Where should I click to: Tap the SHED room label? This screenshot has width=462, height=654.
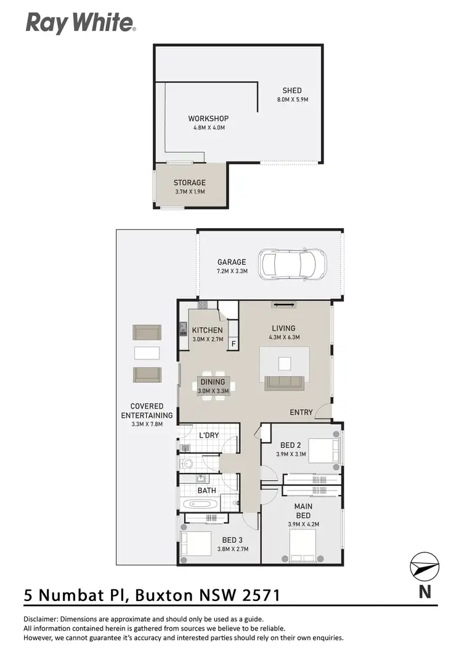(x=292, y=91)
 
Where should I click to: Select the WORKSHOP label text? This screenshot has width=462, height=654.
(x=208, y=118)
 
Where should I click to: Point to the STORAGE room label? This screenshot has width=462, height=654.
(x=189, y=182)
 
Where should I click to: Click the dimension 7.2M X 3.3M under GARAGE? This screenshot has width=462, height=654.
(x=232, y=271)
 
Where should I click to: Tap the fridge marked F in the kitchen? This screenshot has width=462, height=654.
(x=233, y=343)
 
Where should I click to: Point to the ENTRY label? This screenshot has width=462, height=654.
(x=301, y=412)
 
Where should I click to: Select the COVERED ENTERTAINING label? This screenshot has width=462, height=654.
(x=147, y=411)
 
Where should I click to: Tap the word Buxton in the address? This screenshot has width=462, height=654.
(x=163, y=595)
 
